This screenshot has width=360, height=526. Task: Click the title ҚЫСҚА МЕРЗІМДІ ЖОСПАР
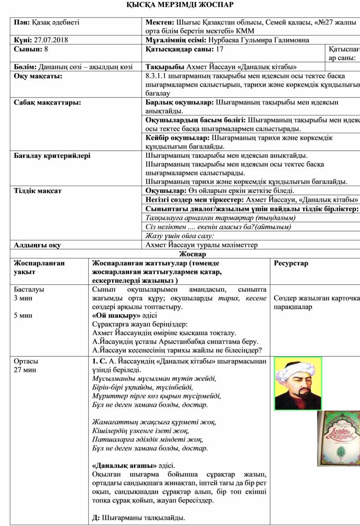point(180,5)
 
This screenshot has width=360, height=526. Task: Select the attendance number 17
point(217,49)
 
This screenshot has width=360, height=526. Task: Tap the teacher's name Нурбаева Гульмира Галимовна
point(259,40)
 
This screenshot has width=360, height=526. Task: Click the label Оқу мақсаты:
point(38,76)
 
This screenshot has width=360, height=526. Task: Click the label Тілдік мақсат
point(37,191)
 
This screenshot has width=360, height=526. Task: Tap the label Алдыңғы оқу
point(37,245)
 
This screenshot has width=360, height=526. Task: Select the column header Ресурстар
point(291,263)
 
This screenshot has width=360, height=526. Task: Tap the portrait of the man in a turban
point(298,384)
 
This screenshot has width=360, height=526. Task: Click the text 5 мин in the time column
point(22,315)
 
